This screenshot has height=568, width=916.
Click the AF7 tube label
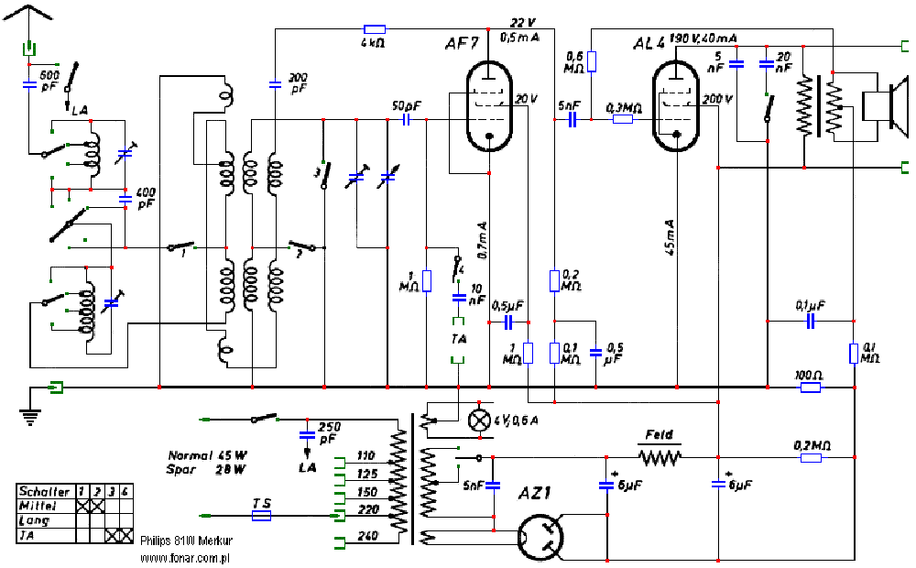click(x=460, y=45)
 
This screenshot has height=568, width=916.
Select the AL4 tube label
click(x=650, y=44)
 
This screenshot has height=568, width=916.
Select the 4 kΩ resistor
click(x=374, y=29)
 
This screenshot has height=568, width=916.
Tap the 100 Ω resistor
click(x=810, y=388)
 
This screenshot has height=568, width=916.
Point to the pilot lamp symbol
click(x=479, y=420)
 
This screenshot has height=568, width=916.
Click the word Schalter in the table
click(x=43, y=492)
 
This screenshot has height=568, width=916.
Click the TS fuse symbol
click(x=261, y=517)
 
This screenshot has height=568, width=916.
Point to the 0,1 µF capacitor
click(x=810, y=322)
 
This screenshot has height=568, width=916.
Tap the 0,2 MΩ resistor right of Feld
click(x=810, y=458)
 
